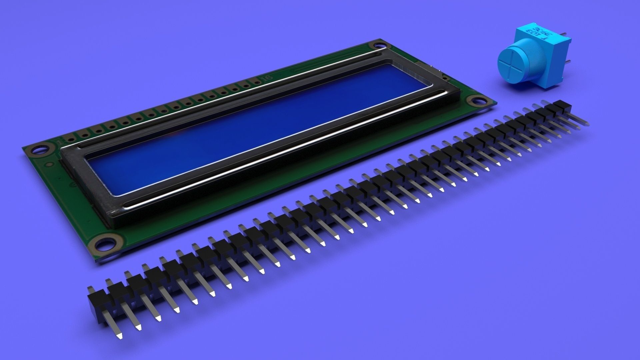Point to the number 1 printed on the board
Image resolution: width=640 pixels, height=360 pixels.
pyautogui.click(x=60, y=142)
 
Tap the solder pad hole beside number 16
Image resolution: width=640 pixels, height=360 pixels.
pyautogui.click(x=257, y=82)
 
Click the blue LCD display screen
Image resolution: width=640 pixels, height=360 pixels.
pyautogui.click(x=253, y=127)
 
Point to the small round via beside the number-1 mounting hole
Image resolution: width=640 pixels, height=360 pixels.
pyautogui.click(x=49, y=164)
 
